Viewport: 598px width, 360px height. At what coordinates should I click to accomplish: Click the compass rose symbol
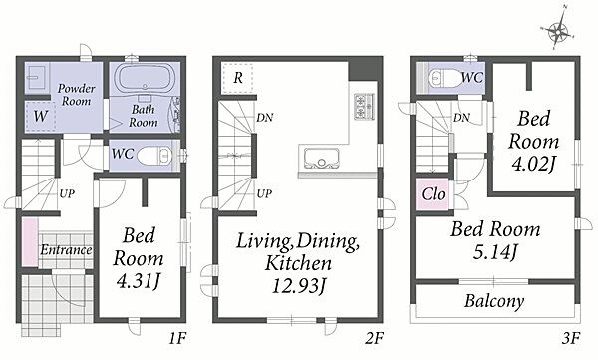(x=557, y=31)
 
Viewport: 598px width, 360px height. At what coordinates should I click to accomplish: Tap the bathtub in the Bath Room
(x=145, y=78)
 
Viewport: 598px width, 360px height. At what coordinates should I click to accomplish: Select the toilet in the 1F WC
(x=154, y=156)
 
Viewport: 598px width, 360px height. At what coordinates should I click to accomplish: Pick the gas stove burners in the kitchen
(x=364, y=106)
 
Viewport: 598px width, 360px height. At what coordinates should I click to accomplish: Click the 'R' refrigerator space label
(x=238, y=78)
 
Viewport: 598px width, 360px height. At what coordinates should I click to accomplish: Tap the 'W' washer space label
(x=41, y=116)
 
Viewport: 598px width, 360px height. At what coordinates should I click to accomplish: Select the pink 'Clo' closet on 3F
(x=433, y=194)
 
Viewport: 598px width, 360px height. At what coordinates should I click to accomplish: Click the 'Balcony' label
(x=494, y=301)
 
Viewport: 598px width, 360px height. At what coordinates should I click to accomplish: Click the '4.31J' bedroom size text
(x=139, y=282)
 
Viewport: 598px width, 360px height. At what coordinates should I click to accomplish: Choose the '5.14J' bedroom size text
(x=495, y=252)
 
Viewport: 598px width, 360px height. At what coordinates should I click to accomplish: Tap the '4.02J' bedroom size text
(x=534, y=165)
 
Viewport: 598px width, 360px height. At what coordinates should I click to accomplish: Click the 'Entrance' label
(x=66, y=250)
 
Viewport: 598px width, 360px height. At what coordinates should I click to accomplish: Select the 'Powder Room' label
(x=77, y=95)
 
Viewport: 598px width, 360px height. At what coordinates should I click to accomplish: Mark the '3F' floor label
(x=571, y=338)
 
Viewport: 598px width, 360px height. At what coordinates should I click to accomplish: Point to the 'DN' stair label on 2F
(x=265, y=118)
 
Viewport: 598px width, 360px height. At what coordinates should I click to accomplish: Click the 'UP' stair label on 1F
(x=67, y=193)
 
